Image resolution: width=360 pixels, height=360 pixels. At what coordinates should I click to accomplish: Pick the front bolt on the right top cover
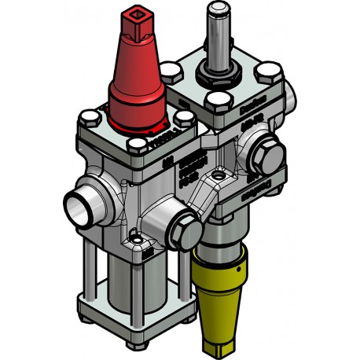point(217,102)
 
